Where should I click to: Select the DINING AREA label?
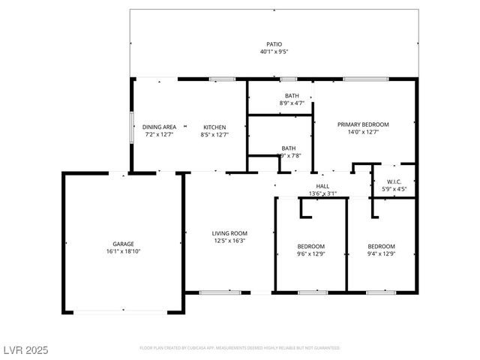159,127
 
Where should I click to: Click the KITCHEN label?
214,127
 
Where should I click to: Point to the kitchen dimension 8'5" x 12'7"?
214,135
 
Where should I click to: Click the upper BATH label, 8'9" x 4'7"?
291,95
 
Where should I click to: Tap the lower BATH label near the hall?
288,148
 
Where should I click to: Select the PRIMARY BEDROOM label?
363,124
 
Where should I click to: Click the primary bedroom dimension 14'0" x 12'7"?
363,133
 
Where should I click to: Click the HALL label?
322,186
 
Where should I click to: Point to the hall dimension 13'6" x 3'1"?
322,193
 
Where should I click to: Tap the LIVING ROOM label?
229,233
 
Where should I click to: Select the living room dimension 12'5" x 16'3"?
229,241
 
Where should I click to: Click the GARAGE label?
123,244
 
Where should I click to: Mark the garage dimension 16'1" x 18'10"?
123,251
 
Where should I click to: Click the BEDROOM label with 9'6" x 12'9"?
310,246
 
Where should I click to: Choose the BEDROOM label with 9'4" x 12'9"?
381,246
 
